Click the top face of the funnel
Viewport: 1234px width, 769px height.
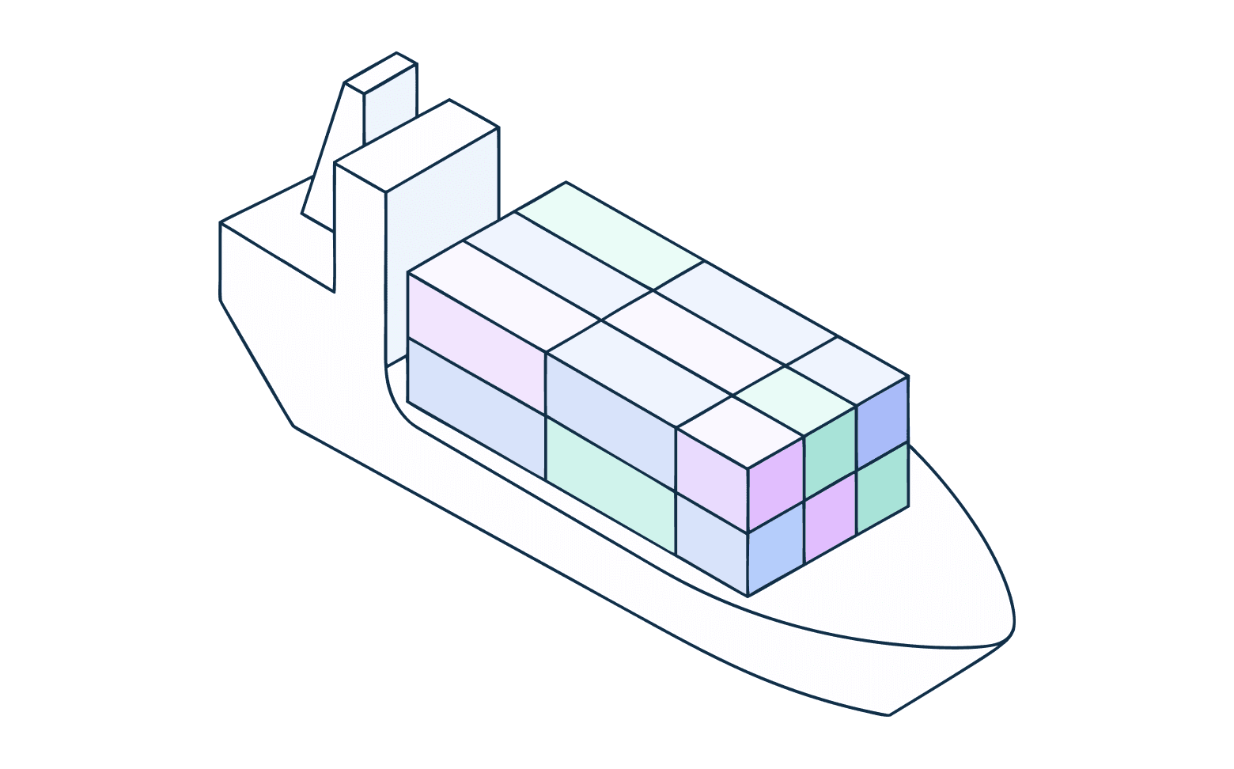pos(380,73)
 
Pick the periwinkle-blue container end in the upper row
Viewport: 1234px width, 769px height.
pos(883,423)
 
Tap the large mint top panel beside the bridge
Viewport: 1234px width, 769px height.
pos(609,233)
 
